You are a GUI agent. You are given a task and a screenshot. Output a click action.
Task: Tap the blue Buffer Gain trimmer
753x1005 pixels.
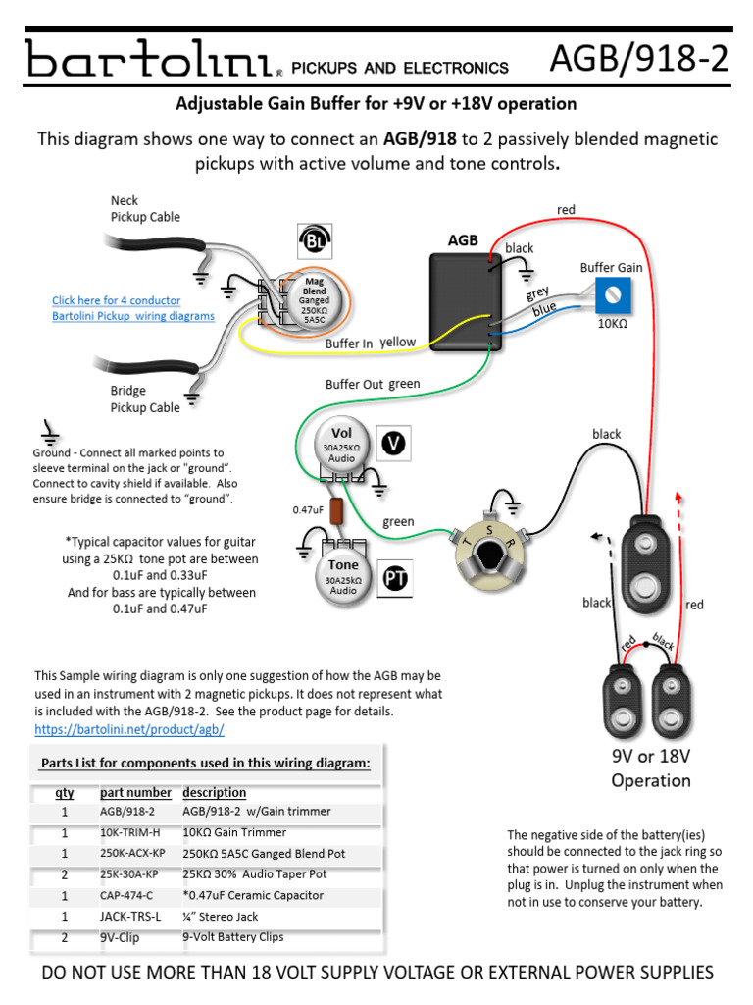click(611, 292)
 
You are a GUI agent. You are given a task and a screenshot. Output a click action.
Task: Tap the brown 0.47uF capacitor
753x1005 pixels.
click(336, 510)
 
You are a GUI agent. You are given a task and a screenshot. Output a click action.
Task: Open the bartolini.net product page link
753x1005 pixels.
click(129, 730)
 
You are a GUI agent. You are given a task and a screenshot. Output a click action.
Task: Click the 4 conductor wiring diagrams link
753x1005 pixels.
click(132, 308)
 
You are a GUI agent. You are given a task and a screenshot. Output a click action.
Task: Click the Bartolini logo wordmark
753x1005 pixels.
click(148, 61)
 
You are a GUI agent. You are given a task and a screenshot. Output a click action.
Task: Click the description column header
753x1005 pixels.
click(214, 792)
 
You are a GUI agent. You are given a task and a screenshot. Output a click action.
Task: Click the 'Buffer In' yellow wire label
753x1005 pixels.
click(349, 344)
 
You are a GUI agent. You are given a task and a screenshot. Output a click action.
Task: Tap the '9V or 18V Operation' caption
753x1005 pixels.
click(651, 768)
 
